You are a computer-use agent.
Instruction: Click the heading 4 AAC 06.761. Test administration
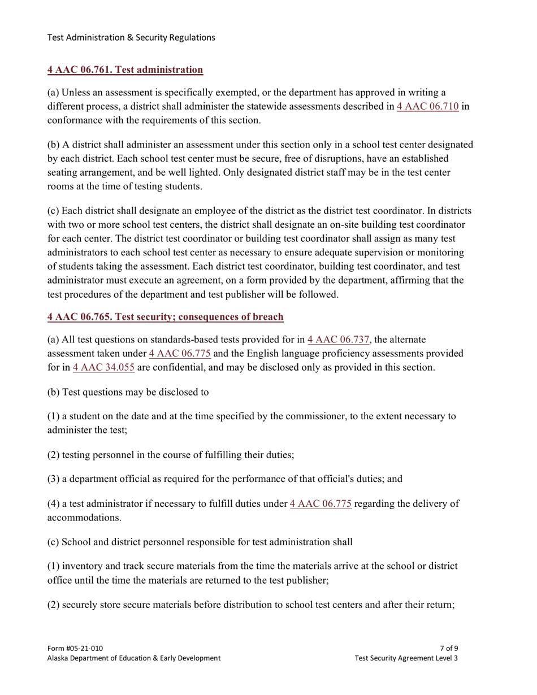[125, 70]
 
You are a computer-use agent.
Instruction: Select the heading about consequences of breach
[165, 317]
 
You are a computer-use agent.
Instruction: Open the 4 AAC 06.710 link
[427, 107]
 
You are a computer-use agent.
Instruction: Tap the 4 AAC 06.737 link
[339, 340]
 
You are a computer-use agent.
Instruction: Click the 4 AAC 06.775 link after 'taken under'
[180, 353]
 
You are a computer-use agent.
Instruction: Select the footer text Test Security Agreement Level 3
[406, 658]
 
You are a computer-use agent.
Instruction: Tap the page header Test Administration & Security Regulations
[131, 38]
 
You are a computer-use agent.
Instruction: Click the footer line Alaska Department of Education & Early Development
[134, 658]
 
